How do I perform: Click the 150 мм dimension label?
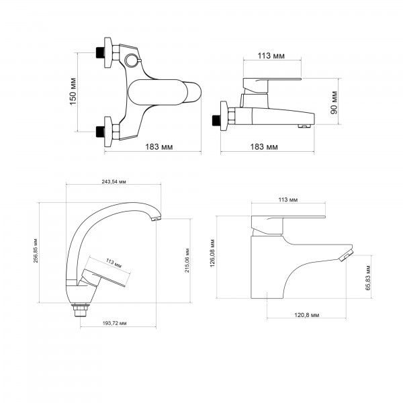[73, 91]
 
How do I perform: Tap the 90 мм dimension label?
[334, 103]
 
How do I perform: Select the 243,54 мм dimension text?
[114, 181]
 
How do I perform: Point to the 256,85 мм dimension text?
[36, 251]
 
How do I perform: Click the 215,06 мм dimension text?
[187, 261]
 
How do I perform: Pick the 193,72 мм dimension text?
[115, 323]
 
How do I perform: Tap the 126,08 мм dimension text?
[212, 253]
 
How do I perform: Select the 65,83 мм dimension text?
[369, 278]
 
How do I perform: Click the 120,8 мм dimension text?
[307, 315]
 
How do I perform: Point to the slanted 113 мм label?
[114, 263]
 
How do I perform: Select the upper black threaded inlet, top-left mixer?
[100, 52]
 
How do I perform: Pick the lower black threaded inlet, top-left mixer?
[100, 132]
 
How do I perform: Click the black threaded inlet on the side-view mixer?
[216, 120]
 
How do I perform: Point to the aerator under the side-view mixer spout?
[304, 126]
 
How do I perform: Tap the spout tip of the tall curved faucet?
[156, 218]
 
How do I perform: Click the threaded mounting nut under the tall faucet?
[81, 310]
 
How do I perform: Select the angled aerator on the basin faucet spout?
[346, 257]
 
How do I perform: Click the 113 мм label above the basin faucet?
[288, 199]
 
